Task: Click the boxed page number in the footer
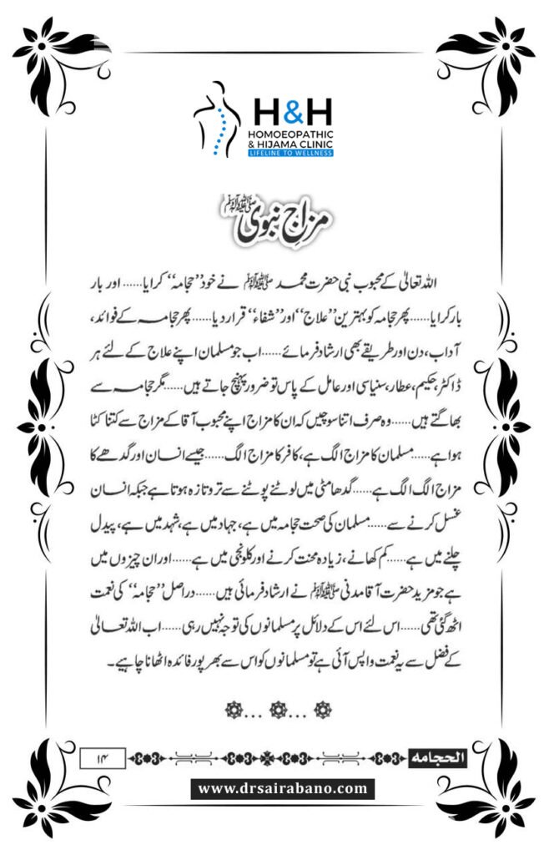101,758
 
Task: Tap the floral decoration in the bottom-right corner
505,802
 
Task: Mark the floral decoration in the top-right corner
505,50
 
